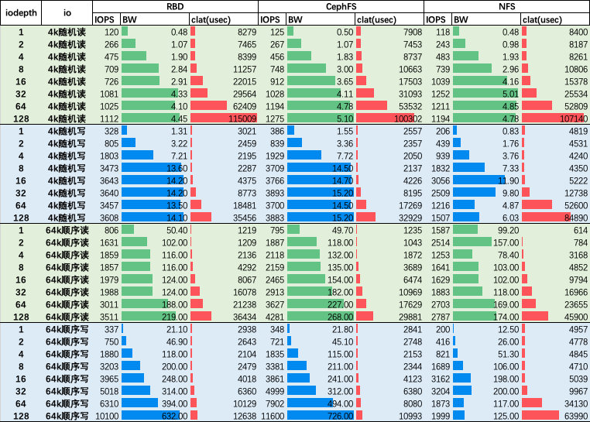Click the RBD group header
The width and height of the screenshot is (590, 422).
pos(174,6)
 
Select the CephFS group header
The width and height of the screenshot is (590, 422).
pos(341,6)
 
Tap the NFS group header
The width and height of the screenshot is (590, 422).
pos(506,6)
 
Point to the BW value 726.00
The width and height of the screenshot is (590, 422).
pos(340,416)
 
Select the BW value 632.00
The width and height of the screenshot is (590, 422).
pos(174,416)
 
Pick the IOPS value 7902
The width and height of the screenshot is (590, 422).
pos(273,403)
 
